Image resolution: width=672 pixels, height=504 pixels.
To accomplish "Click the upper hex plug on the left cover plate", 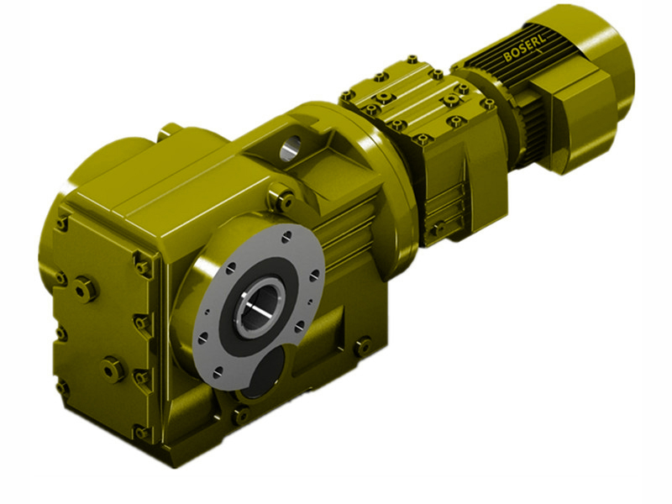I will [x=86, y=288].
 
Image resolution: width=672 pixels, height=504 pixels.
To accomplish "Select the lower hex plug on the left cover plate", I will [x=112, y=368].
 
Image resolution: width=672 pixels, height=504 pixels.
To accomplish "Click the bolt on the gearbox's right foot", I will [x=363, y=345].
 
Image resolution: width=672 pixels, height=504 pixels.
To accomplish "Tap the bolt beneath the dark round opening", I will [x=241, y=414].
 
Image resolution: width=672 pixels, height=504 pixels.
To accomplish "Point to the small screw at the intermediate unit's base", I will [x=438, y=228].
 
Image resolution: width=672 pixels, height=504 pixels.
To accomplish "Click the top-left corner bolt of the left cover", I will [x=62, y=223].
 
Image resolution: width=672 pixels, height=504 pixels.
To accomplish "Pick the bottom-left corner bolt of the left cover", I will [x=63, y=387].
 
